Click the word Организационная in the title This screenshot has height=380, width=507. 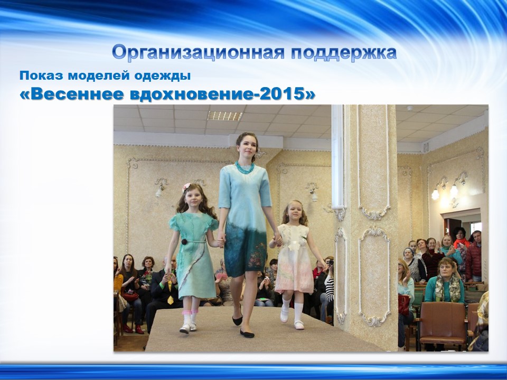(199, 52)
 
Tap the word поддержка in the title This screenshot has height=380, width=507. (344, 53)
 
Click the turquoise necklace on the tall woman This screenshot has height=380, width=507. (245, 167)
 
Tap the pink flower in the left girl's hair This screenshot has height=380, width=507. (186, 187)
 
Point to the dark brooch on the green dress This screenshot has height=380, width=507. (184, 242)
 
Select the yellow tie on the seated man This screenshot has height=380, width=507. (170, 292)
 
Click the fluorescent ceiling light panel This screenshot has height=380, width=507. (225, 116)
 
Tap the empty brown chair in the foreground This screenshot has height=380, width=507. (443, 323)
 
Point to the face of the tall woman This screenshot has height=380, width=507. (248, 148)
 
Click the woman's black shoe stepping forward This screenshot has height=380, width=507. (247, 334)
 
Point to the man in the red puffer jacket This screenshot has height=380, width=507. (474, 256)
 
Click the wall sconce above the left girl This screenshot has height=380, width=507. (160, 188)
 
